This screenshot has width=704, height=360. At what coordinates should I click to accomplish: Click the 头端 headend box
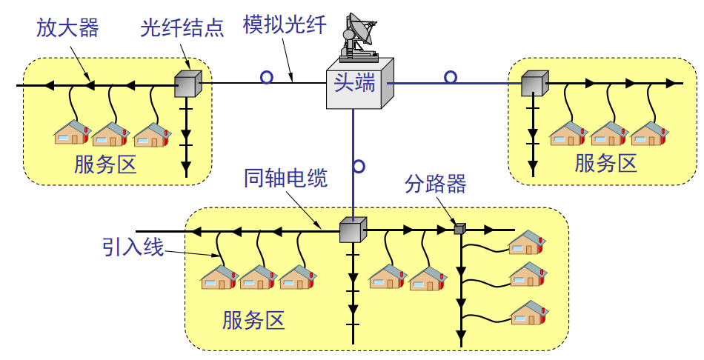(359, 83)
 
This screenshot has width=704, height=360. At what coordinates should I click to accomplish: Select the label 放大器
(67, 28)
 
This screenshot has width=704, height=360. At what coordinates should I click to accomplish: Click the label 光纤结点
(182, 28)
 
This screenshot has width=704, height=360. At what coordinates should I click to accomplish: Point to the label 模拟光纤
(285, 26)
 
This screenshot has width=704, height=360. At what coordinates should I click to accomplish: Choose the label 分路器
(436, 184)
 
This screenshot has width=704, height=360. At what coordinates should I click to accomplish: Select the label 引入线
(133, 247)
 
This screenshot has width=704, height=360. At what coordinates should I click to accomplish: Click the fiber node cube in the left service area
(187, 84)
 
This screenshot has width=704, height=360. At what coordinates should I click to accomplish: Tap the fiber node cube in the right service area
(533, 84)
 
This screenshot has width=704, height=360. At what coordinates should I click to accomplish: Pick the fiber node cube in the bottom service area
(353, 230)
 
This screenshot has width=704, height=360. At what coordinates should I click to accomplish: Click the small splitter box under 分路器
(459, 229)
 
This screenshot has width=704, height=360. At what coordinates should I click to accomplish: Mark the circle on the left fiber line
(266, 77)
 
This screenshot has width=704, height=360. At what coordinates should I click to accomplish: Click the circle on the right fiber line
(451, 77)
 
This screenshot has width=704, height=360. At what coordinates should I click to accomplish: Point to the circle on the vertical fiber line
(359, 166)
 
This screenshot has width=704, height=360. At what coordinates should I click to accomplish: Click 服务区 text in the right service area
(605, 163)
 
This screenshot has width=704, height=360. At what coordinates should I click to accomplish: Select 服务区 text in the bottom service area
(253, 321)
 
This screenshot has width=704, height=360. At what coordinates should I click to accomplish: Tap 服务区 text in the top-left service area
(105, 164)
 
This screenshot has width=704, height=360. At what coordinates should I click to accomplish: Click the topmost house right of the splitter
(527, 242)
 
